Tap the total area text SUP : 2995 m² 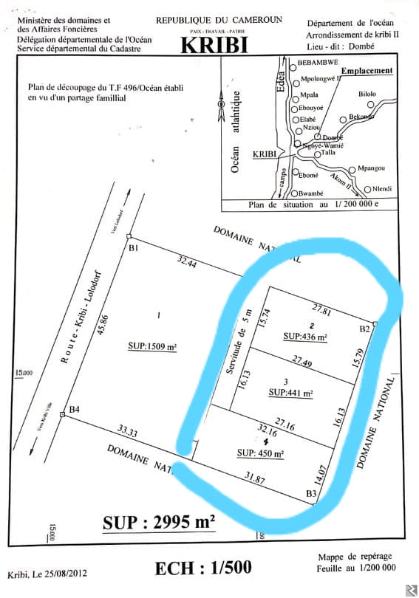[158, 523]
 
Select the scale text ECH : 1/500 [202, 567]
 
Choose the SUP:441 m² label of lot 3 [291, 393]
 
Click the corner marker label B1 [134, 249]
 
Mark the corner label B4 [73, 409]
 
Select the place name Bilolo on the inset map [367, 94]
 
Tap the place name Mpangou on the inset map [371, 168]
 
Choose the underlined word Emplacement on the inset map [370, 71]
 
